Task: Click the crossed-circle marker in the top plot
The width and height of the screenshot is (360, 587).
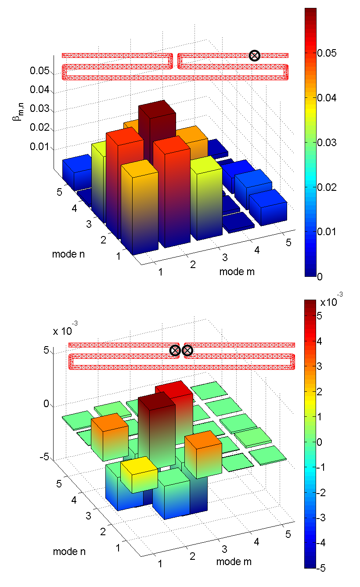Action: point(254,55)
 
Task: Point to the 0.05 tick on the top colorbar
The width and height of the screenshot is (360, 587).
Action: point(325,53)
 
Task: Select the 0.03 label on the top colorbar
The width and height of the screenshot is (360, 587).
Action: point(325,142)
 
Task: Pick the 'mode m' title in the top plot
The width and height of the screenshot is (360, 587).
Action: point(237,272)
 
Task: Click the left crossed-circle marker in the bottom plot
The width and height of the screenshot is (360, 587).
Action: point(175,350)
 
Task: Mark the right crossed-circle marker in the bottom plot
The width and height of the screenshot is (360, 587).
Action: point(187,350)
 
